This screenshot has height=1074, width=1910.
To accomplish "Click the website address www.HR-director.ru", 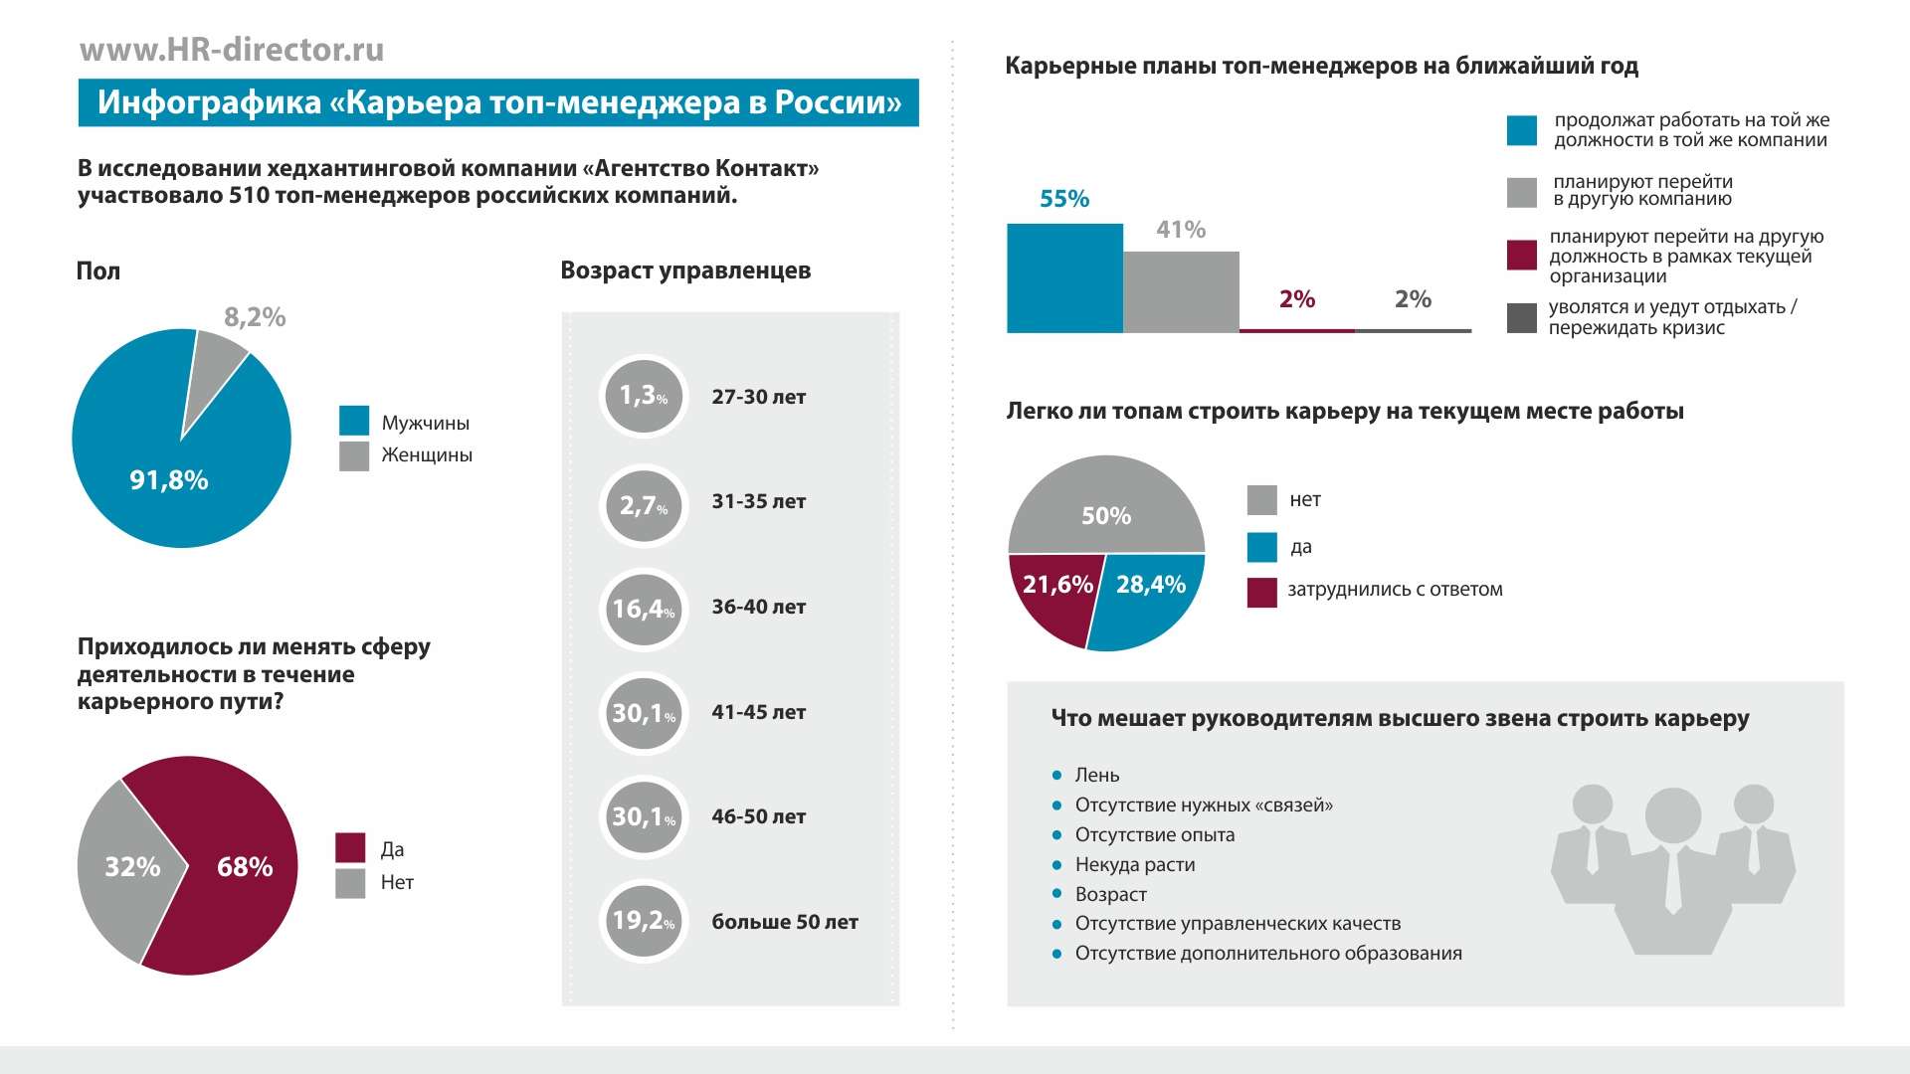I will pos(232,50).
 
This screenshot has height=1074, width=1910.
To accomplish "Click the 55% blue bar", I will pos(1064,278).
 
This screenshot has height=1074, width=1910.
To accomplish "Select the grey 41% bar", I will pos(1181,292).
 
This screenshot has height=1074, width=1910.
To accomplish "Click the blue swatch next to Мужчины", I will pos(354,421).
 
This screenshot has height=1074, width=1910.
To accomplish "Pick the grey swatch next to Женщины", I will pos(354,455).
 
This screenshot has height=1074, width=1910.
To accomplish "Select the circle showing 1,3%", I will pos(644,396).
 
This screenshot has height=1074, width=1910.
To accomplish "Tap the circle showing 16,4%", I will pos(644,608).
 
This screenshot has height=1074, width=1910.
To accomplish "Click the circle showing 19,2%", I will pos(644,921).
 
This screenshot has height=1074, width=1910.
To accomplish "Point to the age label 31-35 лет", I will pos(758,501).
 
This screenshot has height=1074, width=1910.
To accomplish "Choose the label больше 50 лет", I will pos(784,922).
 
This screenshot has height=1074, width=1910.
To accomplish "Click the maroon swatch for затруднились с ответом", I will pos(1261,592).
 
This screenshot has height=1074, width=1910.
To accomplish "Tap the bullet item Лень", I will pos(1096,775).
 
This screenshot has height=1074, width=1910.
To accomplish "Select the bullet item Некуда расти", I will pos(1134,864).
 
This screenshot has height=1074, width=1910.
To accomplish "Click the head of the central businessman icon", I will pos(1672,815).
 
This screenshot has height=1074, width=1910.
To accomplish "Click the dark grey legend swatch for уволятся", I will pos(1522,318).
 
